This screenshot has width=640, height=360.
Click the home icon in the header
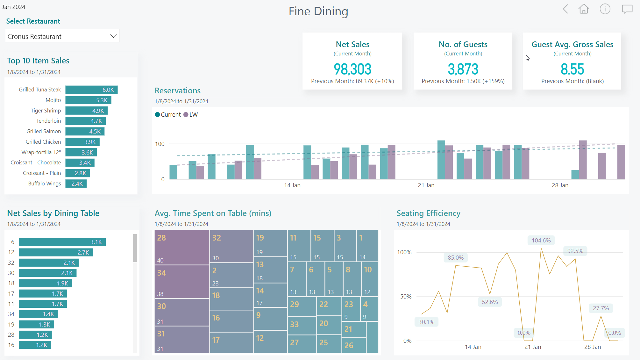[x=584, y=9]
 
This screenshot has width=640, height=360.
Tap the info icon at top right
[x=605, y=9]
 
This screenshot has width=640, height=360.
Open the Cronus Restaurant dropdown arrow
[x=113, y=36]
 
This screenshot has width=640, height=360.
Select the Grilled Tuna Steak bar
[x=91, y=90]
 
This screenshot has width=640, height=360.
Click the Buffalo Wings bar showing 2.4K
[x=76, y=184]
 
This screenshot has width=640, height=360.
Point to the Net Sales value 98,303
[x=352, y=69]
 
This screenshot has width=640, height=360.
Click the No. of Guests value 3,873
[x=463, y=69]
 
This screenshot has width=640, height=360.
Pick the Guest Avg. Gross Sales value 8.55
[x=572, y=69]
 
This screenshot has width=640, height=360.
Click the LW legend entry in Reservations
[x=191, y=115]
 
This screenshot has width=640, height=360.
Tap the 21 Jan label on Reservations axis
[x=426, y=185]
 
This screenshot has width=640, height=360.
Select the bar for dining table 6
[x=62, y=242]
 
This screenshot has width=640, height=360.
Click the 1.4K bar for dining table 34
[x=38, y=314]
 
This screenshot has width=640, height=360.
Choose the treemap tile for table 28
[x=182, y=248]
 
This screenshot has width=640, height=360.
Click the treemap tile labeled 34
[x=182, y=281]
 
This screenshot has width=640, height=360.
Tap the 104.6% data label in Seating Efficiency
[x=541, y=241]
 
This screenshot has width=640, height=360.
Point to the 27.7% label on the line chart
[x=601, y=308]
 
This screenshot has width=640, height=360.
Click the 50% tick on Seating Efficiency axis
[x=406, y=297]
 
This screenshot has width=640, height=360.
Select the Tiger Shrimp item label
[x=46, y=111]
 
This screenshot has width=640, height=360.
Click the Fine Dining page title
[x=318, y=11]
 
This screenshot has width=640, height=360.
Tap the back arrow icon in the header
[x=565, y=9]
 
